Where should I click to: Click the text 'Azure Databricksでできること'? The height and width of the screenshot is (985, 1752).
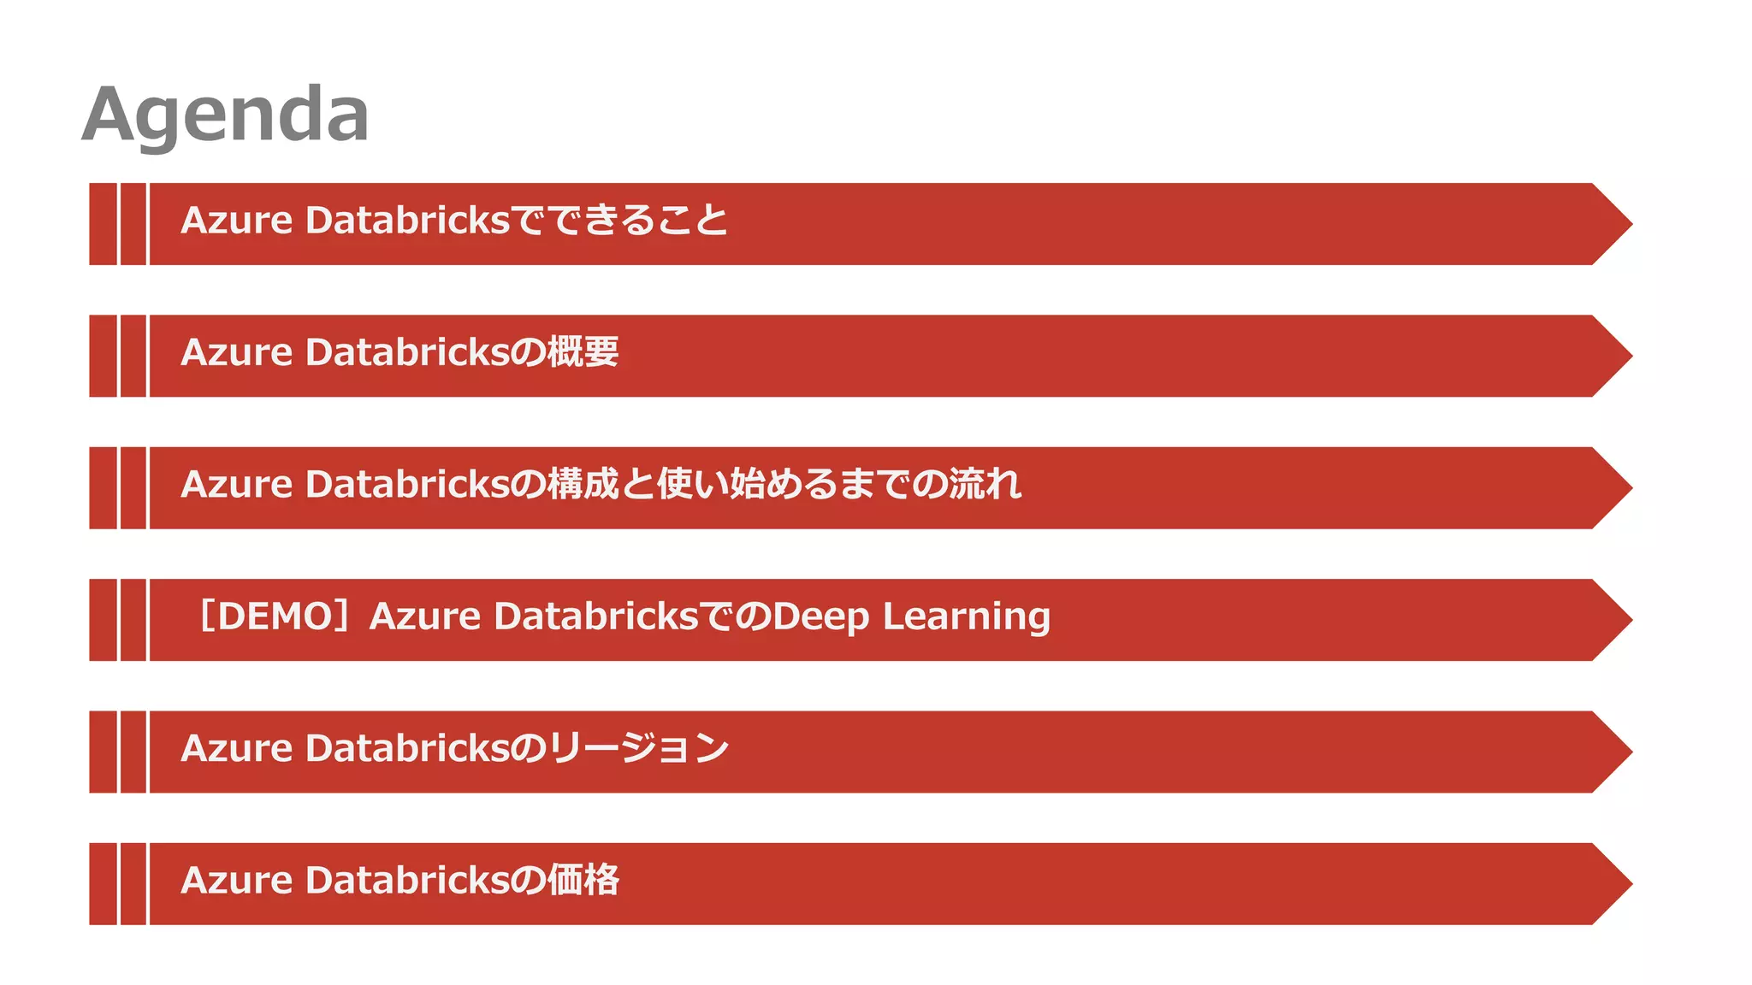[454, 221]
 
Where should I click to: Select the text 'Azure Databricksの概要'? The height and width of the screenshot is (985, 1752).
[400, 352]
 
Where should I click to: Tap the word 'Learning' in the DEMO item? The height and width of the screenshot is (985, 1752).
[967, 617]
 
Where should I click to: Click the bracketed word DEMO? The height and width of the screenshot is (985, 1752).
[275, 616]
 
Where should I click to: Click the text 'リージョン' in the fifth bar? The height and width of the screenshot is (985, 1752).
[638, 748]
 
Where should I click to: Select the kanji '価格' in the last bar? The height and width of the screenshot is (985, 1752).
[583, 880]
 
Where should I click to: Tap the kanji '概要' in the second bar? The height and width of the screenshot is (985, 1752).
[583, 352]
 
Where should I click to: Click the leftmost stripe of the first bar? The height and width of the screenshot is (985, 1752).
[103, 224]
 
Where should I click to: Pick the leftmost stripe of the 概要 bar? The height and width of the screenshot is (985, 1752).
[103, 356]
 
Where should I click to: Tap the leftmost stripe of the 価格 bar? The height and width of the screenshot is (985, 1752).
[103, 884]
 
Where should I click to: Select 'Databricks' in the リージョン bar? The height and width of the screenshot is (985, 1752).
[407, 748]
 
